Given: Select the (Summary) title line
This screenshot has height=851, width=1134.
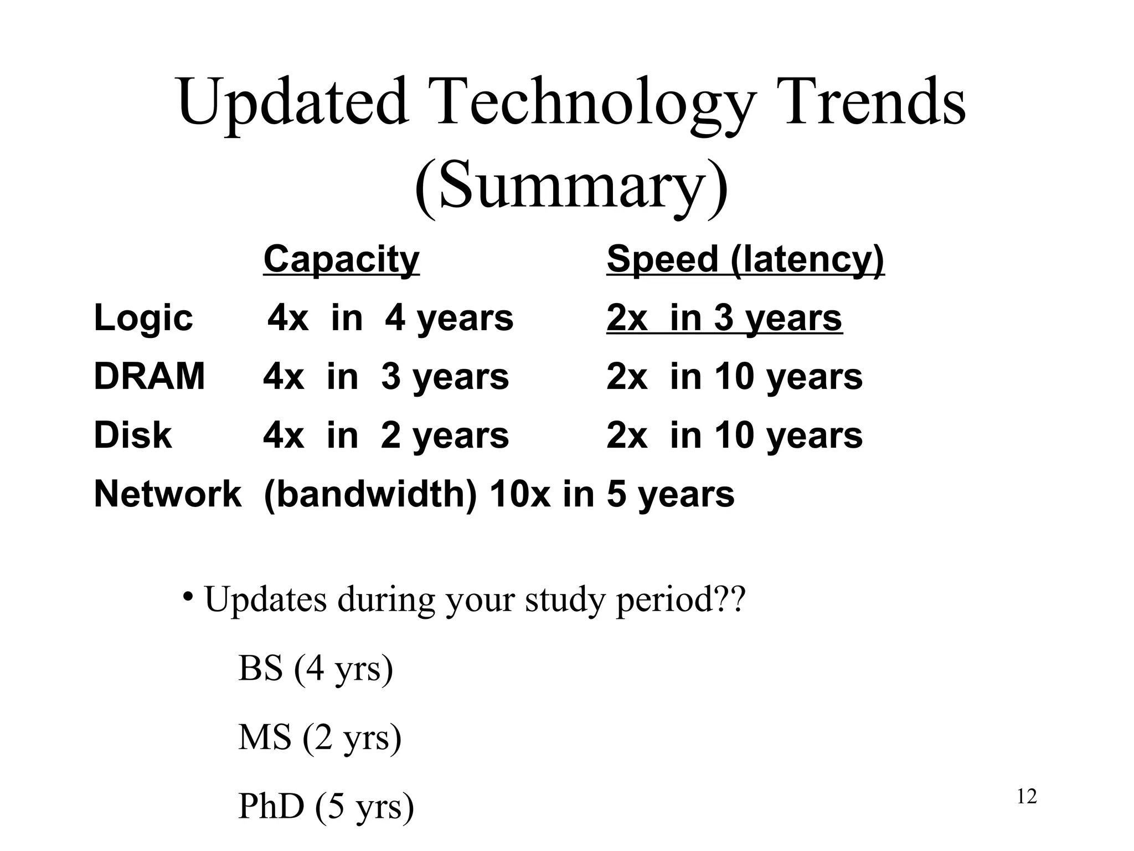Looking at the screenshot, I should click(570, 186).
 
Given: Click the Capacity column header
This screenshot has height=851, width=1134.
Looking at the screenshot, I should click(341, 259).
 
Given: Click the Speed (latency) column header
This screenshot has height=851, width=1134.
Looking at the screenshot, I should click(745, 259).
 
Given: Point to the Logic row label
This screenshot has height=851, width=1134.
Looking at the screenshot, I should click(143, 319).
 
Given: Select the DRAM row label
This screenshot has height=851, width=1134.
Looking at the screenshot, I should click(150, 377).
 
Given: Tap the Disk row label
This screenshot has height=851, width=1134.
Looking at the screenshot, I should click(133, 435).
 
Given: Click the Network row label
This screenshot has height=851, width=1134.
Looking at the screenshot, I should click(168, 494).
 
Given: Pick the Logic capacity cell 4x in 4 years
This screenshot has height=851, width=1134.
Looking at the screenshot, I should click(390, 319).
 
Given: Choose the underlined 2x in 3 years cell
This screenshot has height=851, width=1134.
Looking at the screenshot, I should click(724, 319).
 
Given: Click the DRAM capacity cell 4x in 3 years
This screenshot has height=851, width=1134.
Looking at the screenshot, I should click(386, 377).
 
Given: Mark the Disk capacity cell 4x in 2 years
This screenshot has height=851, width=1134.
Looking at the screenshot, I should click(386, 435).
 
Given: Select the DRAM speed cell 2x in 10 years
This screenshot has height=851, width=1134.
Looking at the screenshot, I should click(734, 377).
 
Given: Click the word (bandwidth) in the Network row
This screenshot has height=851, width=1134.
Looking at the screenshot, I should click(370, 494).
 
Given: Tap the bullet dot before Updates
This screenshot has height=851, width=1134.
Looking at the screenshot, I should click(188, 597).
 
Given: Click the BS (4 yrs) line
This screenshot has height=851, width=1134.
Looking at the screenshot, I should click(316, 668).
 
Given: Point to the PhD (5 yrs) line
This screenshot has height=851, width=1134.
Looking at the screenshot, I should click(326, 806).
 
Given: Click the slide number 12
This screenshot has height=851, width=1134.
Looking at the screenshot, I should click(1027, 797).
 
